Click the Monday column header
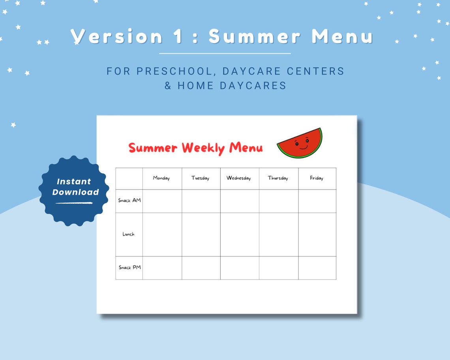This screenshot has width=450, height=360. tap(161, 178)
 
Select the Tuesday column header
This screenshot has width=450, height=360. tap(200, 178)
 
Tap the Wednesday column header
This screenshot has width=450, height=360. tap(238, 178)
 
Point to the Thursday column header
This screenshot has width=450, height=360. tap(278, 178)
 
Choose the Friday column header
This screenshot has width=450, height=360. tap(316, 178)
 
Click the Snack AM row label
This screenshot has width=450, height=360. tap(129, 201)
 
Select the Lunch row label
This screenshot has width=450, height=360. tap(128, 234)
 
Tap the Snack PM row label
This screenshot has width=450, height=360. tap(129, 268)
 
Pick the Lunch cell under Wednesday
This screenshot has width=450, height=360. tap(240, 234)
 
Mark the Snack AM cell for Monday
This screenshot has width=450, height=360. tap(162, 201)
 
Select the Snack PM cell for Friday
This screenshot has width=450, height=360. tap(317, 268)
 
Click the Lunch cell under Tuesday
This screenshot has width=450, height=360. tap(201, 234)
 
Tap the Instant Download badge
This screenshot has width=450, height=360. tap(74, 191)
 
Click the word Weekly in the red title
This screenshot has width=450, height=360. tap(203, 148)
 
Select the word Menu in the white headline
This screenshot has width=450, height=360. tap(342, 37)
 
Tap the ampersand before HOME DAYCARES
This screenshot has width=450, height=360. tap(168, 86)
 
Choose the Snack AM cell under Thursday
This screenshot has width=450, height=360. tap(279, 201)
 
